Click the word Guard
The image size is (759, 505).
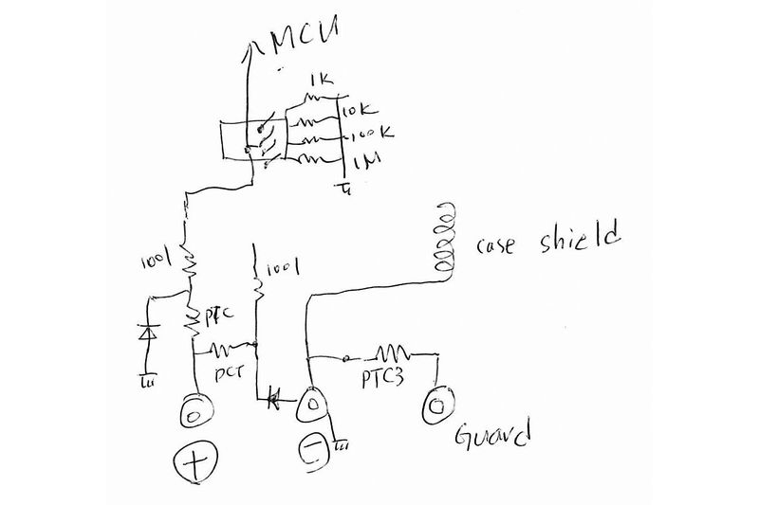coord(490,439)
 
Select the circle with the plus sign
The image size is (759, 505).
coord(194,464)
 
